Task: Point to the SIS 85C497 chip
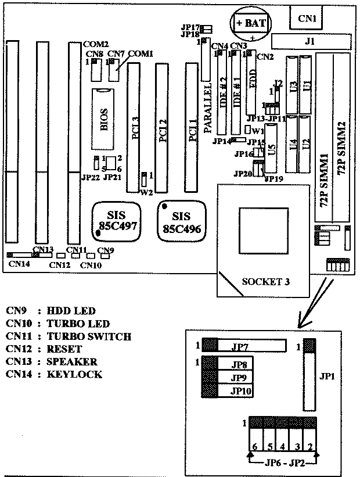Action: coord(117,220)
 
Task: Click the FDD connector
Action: coord(251,82)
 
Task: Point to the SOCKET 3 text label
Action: coord(265,281)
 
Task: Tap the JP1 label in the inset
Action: coord(326,376)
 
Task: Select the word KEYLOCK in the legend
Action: coord(74,374)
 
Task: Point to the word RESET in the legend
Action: coord(66,349)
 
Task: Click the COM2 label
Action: coord(96,44)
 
